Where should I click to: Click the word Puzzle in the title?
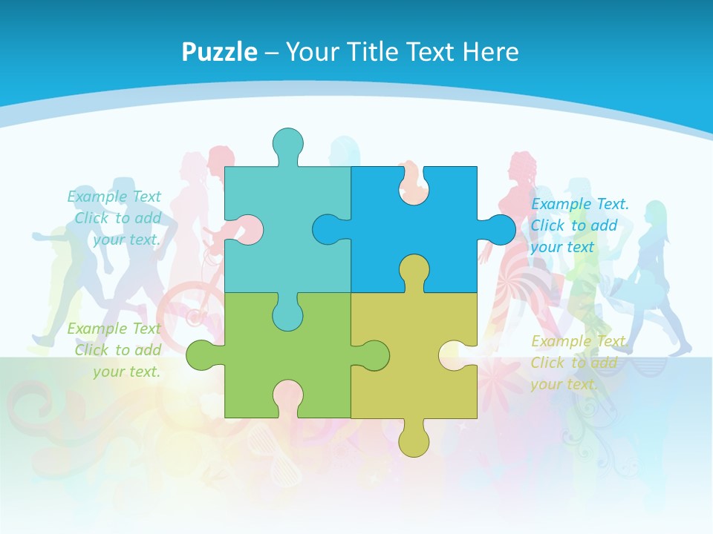[219, 52]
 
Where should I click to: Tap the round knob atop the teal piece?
[287, 143]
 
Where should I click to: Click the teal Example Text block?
[115, 218]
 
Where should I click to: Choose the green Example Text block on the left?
[115, 350]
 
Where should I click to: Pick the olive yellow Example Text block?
[578, 363]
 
